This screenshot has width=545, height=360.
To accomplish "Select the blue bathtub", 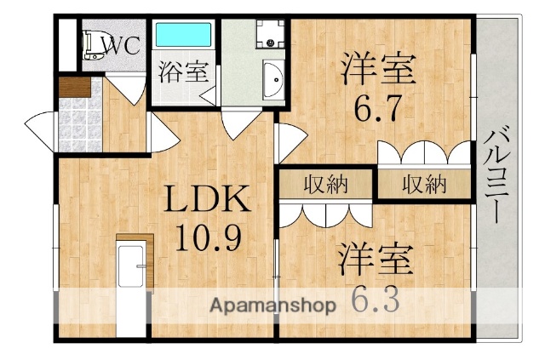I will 183,37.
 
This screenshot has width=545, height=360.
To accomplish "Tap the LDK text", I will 207,202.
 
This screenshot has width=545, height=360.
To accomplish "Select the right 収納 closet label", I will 424,184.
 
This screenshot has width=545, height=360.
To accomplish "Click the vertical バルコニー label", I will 498,174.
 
